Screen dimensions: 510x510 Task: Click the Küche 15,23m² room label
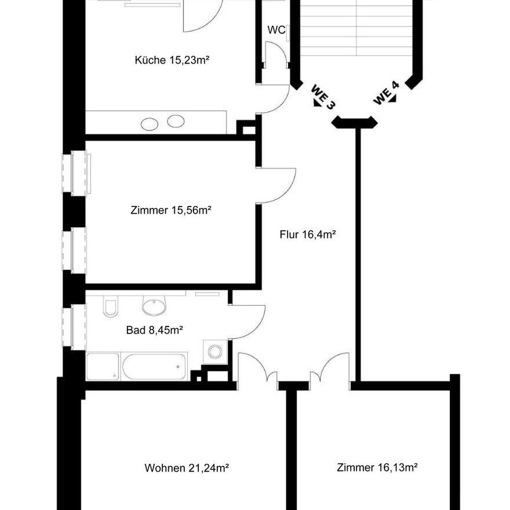tap(172, 60)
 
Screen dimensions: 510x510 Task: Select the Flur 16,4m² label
tap(308, 234)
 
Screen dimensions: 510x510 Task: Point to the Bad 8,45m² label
tap(153, 331)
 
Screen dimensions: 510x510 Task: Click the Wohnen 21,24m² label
tap(187, 468)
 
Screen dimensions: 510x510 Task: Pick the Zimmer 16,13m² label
tap(378, 468)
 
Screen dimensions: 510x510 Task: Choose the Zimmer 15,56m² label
tap(171, 210)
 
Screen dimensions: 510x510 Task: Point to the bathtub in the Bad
tap(155, 367)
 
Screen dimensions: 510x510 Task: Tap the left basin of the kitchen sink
tap(150, 124)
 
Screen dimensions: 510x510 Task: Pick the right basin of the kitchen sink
tap(175, 122)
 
